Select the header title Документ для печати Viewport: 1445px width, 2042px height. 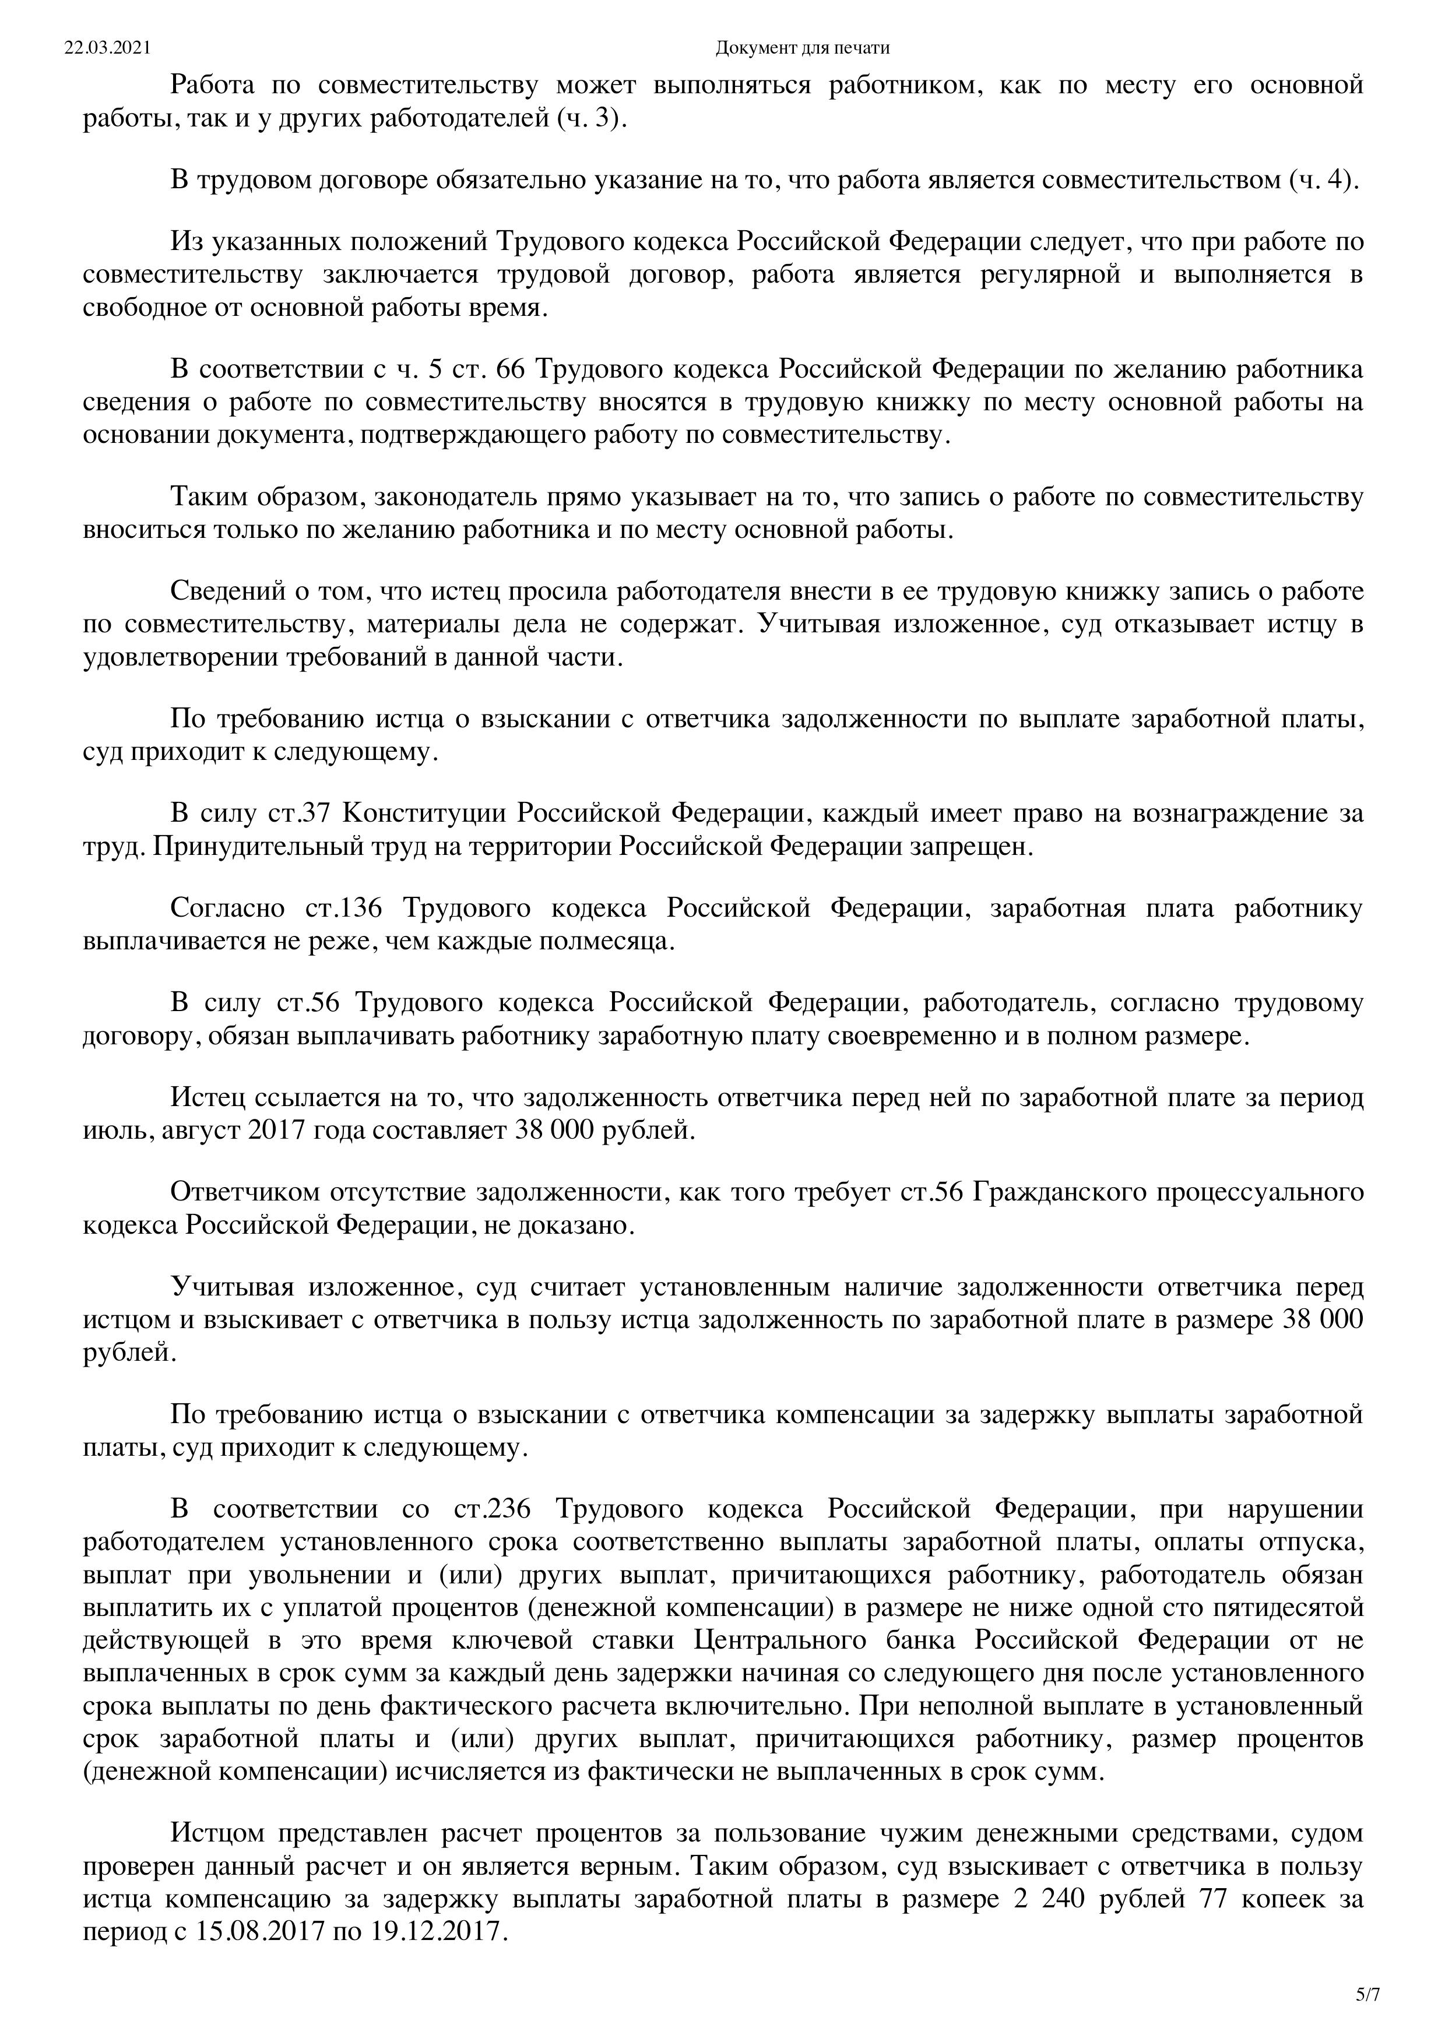tap(801, 47)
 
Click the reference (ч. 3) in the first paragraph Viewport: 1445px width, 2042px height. tap(591, 119)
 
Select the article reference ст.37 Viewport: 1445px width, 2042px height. tap(300, 813)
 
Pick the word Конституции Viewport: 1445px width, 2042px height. tap(424, 813)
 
